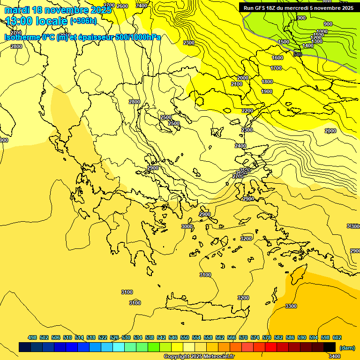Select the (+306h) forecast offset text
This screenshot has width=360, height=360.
83,21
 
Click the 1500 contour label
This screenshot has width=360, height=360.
284,42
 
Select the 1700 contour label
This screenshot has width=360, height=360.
276,68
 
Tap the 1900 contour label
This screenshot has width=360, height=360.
267,91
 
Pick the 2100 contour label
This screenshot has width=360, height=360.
237,84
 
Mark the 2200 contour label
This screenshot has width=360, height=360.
247,111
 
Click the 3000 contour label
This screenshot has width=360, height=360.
187,226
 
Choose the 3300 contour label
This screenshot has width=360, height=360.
291,306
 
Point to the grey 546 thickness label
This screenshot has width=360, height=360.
298,54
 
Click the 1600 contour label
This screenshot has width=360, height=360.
277,58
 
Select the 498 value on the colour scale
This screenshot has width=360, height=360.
32,337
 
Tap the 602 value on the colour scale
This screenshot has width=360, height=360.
337,337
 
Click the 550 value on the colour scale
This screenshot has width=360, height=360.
185,337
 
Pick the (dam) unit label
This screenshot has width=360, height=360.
347,348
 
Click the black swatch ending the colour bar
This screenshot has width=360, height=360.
330,347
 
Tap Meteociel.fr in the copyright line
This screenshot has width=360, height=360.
214,357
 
